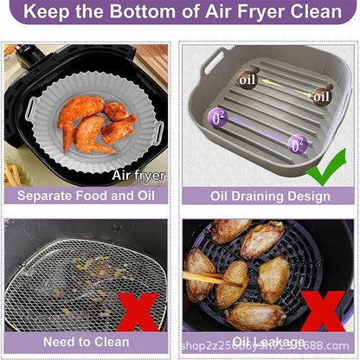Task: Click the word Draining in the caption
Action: click(x=267, y=196)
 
